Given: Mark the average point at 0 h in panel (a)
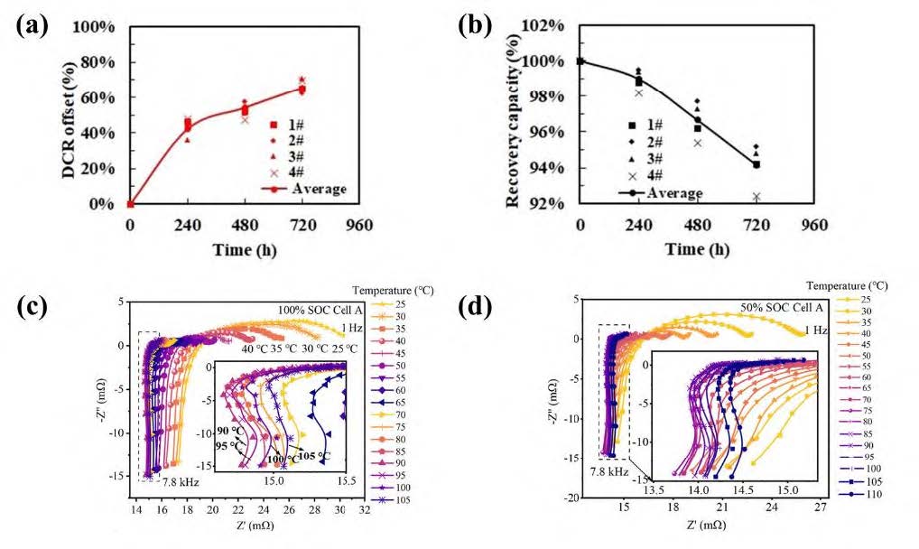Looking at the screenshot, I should pos(130,204).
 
